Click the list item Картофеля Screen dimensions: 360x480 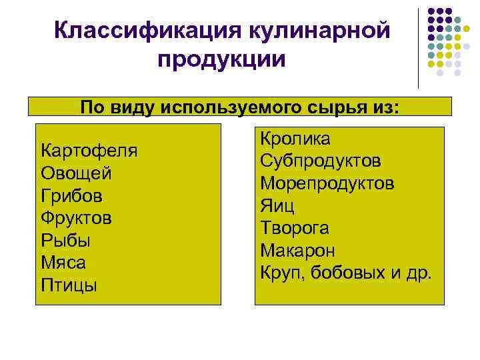[x=89, y=150]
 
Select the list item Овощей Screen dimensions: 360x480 [x=76, y=173]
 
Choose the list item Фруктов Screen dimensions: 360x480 [x=77, y=218]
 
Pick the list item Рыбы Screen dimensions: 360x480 [x=66, y=241]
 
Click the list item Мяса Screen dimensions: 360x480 [x=63, y=263]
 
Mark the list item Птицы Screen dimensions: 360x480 [x=69, y=286]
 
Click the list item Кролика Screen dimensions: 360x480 [x=295, y=139]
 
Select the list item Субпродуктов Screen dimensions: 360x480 [x=321, y=161]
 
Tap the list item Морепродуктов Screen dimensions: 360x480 [x=327, y=183]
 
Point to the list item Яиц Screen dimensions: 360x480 [x=277, y=206]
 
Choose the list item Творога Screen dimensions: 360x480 [x=295, y=228]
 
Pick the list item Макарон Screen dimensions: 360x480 [x=297, y=251]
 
